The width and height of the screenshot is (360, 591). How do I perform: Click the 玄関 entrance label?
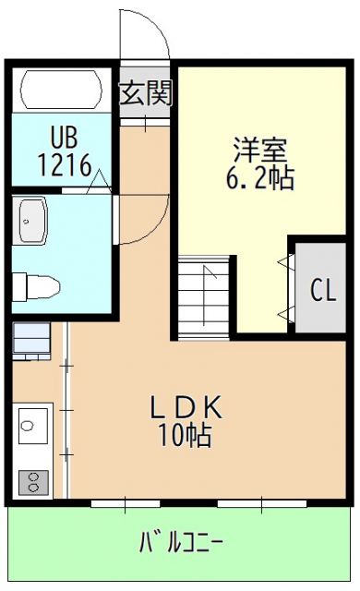coord(146,93)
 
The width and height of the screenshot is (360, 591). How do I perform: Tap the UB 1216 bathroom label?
coord(64,152)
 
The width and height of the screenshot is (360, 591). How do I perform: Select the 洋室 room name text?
coord(259,148)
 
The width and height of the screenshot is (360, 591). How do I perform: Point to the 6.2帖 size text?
coord(259,178)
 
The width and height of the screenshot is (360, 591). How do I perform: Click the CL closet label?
coord(322,290)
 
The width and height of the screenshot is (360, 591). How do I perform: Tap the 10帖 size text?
coord(185,435)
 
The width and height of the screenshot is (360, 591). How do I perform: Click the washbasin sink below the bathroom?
coord(35,222)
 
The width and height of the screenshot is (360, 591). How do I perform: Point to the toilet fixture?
coord(37,284)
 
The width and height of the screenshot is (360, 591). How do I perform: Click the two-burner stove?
coord(33,481)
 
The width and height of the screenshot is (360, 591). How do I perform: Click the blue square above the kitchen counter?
coord(32,340)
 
